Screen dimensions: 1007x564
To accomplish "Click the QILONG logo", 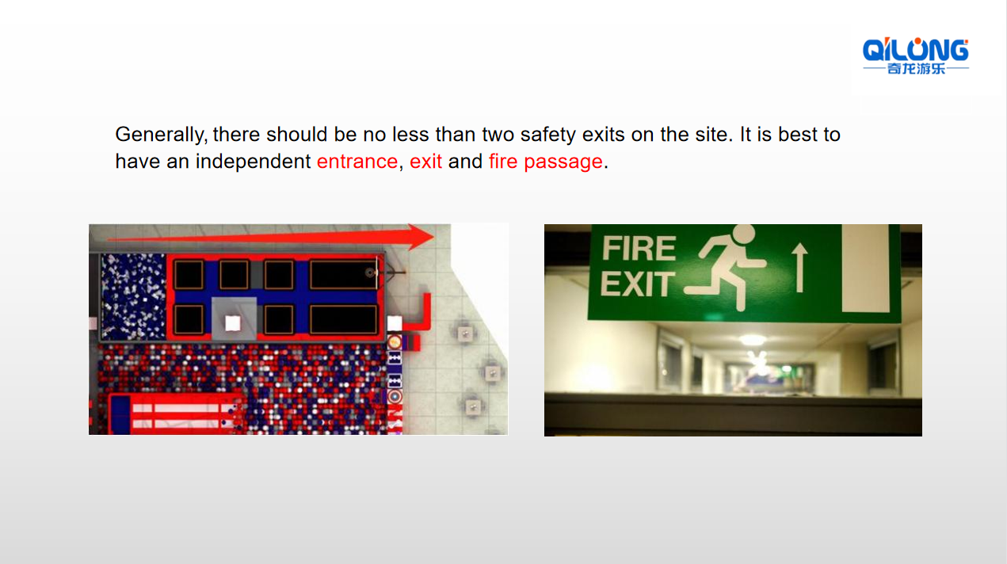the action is [916, 55].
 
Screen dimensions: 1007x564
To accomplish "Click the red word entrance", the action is [357, 162].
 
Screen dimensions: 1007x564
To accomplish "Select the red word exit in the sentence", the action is [425, 161].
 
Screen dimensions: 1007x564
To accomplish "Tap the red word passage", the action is [563, 162].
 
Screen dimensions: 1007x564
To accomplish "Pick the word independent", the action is [253, 162].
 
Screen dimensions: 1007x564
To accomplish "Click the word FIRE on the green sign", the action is [639, 248].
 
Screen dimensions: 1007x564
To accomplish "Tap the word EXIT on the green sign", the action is [638, 284].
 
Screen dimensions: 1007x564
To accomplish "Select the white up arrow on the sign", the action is [799, 268].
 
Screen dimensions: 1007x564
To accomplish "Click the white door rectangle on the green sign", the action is [865, 268].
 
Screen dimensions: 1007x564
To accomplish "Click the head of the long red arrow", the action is [421, 237].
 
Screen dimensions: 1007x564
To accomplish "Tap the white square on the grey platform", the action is [232, 323].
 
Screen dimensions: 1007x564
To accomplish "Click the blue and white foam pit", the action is [133, 296].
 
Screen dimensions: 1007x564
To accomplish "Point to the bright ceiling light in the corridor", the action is [753, 339].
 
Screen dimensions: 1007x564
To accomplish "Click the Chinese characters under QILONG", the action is [916, 69].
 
